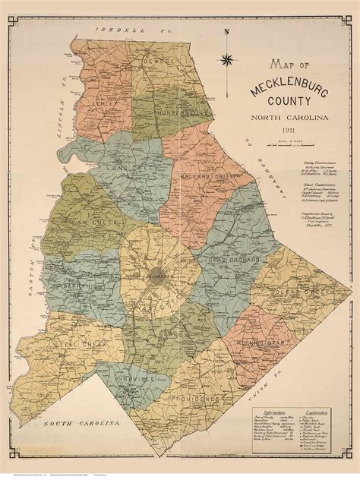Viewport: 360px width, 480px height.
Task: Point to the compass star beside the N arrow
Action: point(226,60)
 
